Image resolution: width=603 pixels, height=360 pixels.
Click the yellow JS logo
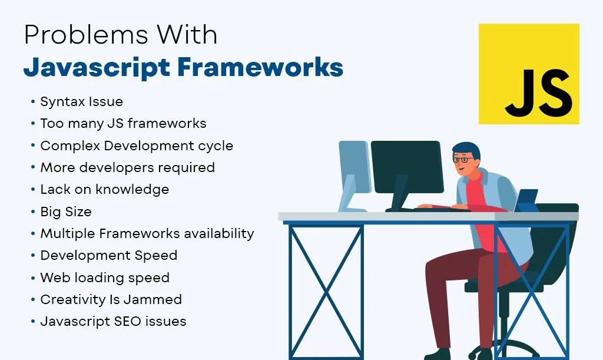pos(528,74)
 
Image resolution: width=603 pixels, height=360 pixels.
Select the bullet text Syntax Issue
pos(81,101)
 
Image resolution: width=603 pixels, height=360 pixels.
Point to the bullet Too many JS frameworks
pos(123,123)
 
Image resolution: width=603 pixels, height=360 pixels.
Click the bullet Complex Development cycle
pos(137,146)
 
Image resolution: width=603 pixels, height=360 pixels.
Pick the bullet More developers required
pos(127,167)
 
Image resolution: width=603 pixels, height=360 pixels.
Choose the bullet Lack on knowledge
pos(104,189)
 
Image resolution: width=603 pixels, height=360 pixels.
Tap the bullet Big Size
pos(65,212)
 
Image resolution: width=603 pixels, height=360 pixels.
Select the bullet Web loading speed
pos(104,278)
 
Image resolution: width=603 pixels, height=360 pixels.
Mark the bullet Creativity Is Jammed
pos(111,299)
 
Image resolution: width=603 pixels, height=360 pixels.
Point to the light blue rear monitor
pos(353,171)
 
